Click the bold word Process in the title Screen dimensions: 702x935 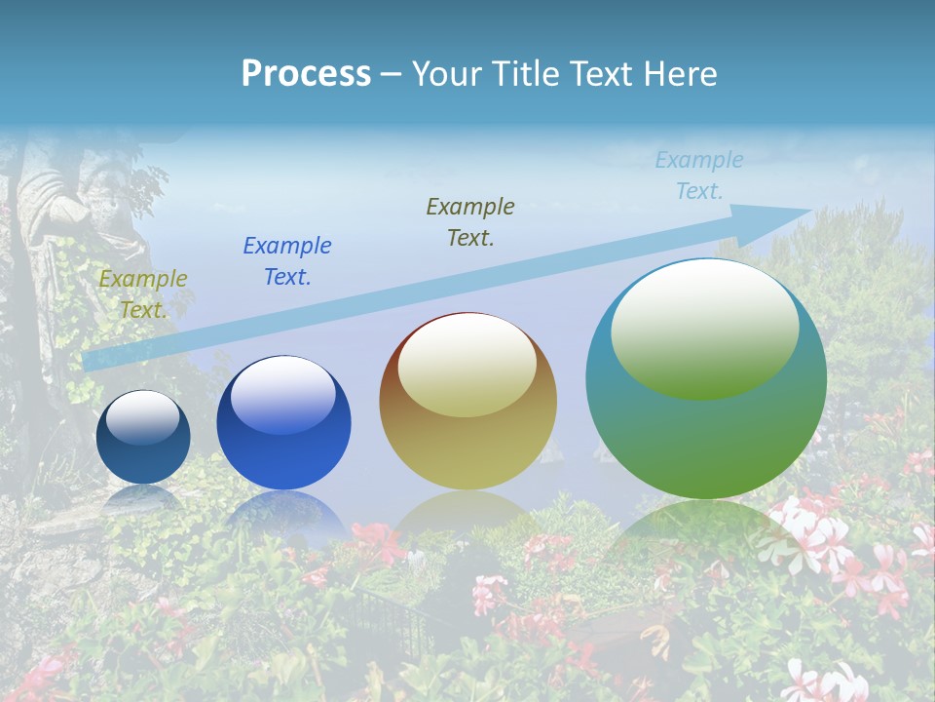point(306,74)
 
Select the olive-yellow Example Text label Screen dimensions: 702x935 point(143,294)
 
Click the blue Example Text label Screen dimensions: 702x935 point(287,261)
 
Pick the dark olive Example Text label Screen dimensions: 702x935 point(470,222)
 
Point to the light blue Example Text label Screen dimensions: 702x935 point(698,175)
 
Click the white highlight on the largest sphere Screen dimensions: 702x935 point(704,327)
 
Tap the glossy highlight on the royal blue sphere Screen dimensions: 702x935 point(282,395)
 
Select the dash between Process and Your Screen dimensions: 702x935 point(391,74)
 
